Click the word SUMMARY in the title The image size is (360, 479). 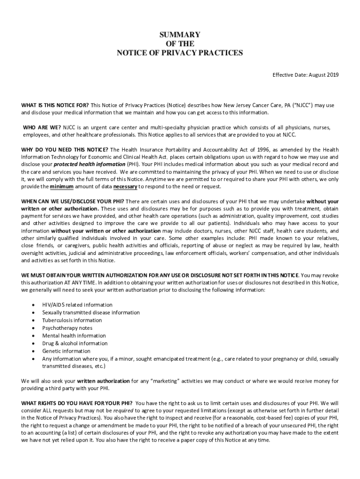coord(180,35)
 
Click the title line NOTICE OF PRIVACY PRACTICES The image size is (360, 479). coord(180,53)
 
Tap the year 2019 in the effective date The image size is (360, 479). coord(333,75)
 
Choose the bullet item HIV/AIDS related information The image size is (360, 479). coord(77,305)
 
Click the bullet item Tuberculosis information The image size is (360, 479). coord(72,320)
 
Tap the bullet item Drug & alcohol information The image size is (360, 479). coord(75,343)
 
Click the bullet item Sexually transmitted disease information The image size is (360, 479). coord(91,312)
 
